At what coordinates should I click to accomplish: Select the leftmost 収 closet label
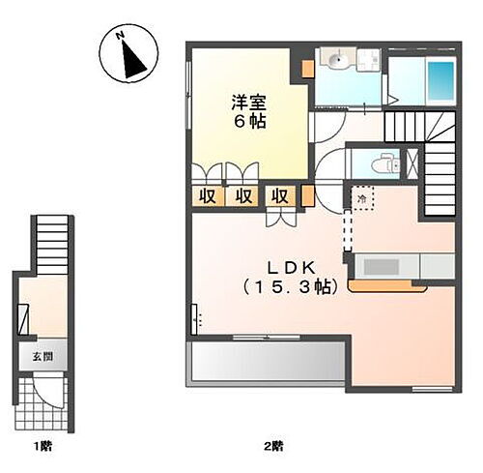(208, 194)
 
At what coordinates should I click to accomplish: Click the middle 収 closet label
(243, 194)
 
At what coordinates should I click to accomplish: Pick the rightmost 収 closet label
(279, 194)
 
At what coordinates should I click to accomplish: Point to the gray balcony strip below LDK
(268, 364)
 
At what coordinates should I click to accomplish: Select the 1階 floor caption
(40, 446)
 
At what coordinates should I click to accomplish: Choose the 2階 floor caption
(273, 446)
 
